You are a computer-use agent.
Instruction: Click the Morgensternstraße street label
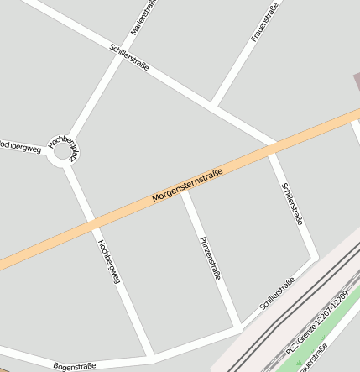pyautogui.click(x=187, y=186)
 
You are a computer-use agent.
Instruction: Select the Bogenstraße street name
pyautogui.click(x=75, y=366)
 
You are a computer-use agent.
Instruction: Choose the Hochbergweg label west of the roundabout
pyautogui.click(x=20, y=149)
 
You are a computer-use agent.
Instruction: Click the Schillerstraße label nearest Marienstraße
pyautogui.click(x=129, y=56)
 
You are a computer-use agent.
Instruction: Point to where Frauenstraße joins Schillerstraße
pyautogui.click(x=214, y=107)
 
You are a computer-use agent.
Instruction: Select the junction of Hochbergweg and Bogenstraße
pyautogui.click(x=152, y=357)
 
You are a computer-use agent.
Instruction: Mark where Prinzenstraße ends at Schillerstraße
pyautogui.click(x=240, y=325)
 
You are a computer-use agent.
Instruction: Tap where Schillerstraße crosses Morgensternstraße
pyautogui.click(x=272, y=150)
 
